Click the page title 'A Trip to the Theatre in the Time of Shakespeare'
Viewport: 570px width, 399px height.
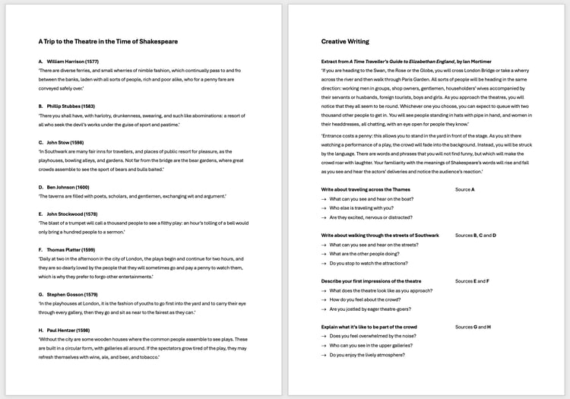click(108, 41)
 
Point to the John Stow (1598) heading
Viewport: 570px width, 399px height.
click(65, 142)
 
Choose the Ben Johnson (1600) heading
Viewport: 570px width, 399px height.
click(68, 187)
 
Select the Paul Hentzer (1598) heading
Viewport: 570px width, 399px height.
click(69, 329)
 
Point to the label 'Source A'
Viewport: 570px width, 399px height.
click(465, 189)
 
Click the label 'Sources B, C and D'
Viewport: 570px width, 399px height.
click(476, 235)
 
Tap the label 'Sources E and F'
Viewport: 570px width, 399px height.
click(471, 281)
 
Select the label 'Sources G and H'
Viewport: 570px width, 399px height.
click(472, 327)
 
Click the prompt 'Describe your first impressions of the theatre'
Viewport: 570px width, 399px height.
click(371, 281)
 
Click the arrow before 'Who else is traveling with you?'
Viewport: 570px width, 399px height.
click(324, 207)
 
